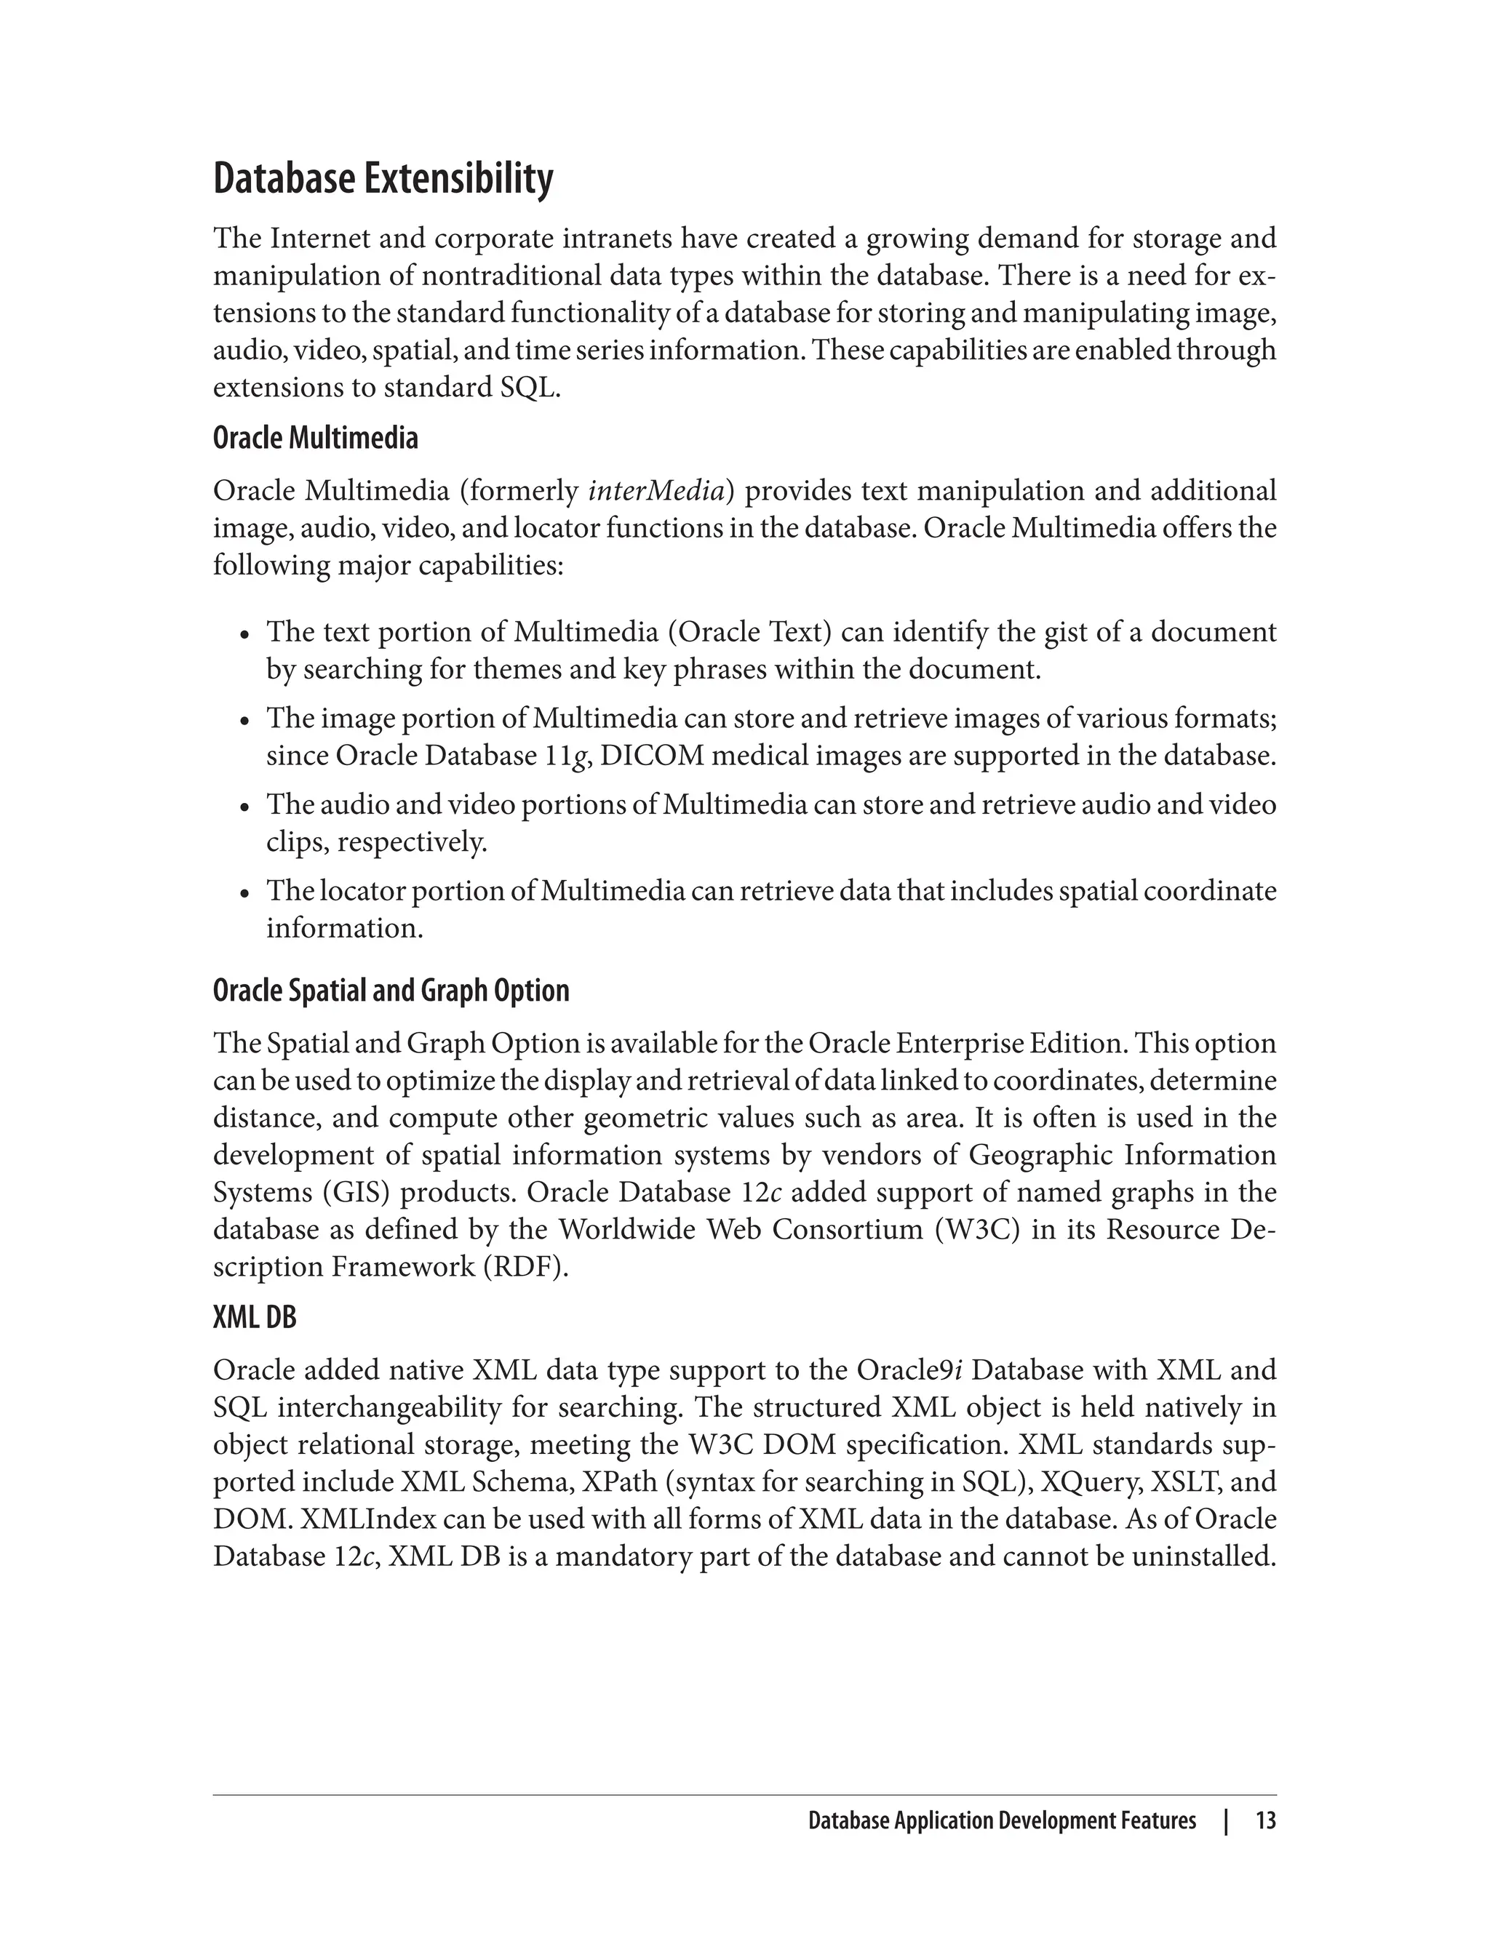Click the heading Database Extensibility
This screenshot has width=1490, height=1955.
(x=383, y=179)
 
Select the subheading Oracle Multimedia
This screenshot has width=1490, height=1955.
(x=315, y=438)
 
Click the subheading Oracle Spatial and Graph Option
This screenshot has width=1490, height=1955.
(x=391, y=991)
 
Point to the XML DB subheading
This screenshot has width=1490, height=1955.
(x=255, y=1318)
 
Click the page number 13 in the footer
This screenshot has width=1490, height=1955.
(x=1266, y=1821)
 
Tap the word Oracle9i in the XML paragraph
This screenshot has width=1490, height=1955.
(x=909, y=1371)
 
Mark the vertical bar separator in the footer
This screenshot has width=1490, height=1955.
(x=1226, y=1821)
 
